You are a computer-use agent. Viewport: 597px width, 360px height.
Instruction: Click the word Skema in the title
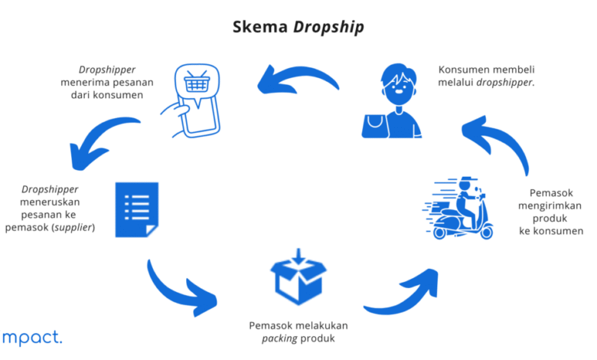pos(260,27)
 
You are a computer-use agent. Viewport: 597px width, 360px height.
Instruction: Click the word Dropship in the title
pos(328,28)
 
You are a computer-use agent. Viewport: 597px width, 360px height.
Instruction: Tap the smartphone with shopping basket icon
pos(191,100)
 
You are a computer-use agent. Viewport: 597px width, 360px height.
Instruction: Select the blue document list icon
pos(137,210)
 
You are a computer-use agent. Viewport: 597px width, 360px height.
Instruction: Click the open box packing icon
pos(298,277)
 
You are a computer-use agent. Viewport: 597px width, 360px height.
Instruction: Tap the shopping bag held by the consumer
pos(375,126)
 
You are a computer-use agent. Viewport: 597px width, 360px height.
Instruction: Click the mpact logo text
pos(32,338)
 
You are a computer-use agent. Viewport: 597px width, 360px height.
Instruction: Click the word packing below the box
pos(279,339)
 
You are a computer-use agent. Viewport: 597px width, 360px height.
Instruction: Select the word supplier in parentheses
pos(73,227)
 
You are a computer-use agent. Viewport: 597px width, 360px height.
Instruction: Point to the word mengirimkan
pos(550,206)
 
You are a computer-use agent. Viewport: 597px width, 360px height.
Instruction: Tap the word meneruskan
pos(50,202)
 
